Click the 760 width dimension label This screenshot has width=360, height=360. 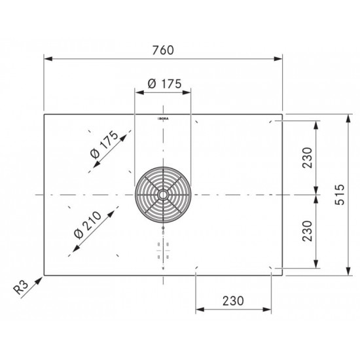[x=163, y=50]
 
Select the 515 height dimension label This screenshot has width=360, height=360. [x=340, y=194]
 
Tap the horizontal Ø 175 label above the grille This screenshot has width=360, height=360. [x=164, y=84]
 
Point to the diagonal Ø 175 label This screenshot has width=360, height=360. [x=105, y=145]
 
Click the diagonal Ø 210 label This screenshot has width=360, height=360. [x=88, y=225]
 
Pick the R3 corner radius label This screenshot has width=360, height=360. [x=21, y=287]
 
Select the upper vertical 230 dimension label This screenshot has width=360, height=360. [x=308, y=158]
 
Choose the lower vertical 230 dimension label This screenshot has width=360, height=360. [x=308, y=231]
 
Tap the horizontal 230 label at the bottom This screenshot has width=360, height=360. [x=233, y=301]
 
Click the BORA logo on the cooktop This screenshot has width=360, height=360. [x=163, y=118]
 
